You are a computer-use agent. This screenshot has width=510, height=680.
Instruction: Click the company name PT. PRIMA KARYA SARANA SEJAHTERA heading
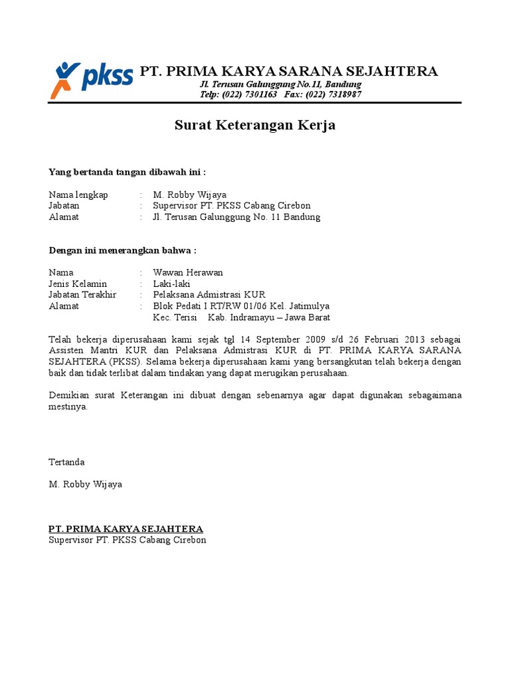[288, 71]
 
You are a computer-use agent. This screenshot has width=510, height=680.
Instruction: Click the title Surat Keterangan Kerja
[254, 125]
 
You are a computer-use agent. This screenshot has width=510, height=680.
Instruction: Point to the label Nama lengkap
[78, 195]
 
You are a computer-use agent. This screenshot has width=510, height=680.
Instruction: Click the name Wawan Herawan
[188, 272]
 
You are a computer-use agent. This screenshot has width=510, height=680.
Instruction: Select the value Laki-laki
[171, 284]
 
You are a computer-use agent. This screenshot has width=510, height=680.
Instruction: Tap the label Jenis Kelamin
[78, 284]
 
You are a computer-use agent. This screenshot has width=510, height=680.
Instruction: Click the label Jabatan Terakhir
[82, 295]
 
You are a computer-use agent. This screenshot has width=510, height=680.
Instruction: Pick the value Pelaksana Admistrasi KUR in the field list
[209, 295]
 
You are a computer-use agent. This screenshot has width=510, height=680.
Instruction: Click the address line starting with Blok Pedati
[241, 306]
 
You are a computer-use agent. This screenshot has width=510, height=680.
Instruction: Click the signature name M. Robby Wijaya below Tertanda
[86, 484]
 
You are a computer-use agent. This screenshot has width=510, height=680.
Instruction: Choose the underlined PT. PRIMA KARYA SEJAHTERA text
[126, 529]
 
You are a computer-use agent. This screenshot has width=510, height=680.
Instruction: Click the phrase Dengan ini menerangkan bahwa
[123, 250]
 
